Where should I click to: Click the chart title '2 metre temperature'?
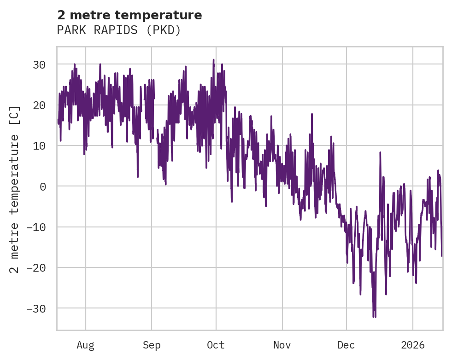point(129,15)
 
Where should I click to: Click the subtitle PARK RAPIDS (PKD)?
point(118,30)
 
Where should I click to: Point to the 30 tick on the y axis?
point(39,64)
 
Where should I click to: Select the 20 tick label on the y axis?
point(39,105)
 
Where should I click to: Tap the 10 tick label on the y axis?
point(39,145)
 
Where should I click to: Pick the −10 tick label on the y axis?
point(35,227)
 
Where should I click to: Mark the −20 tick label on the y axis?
point(35,267)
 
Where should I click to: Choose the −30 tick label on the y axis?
point(35,308)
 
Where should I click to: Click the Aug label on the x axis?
point(85,345)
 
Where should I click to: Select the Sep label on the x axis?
point(151,345)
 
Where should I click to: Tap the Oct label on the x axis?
point(216,345)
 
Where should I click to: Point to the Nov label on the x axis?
point(282,345)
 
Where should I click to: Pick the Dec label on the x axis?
point(346,345)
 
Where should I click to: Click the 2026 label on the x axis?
point(413,345)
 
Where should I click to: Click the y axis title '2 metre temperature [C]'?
point(15,189)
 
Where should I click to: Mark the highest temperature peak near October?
point(213,60)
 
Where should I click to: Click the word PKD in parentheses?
point(168,30)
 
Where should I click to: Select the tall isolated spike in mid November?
point(312,113)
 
